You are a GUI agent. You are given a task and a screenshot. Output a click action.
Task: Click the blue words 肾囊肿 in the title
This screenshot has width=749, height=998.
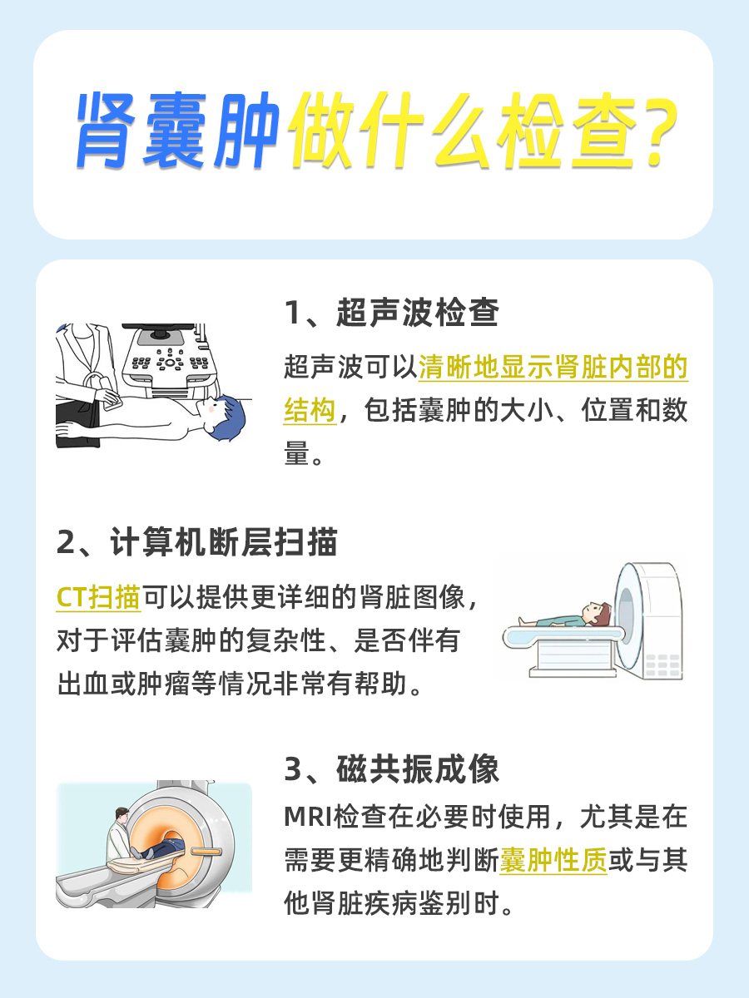click(176, 134)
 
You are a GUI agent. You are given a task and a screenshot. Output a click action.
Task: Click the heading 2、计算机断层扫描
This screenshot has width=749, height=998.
click(197, 542)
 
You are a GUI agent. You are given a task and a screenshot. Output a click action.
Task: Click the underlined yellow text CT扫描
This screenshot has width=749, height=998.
click(98, 596)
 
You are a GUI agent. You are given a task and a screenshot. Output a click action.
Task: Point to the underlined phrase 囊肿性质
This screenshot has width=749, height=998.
click(553, 861)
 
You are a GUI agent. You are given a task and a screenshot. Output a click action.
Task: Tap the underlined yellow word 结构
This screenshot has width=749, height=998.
click(310, 411)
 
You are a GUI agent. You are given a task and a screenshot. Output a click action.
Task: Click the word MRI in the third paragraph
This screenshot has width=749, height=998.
click(307, 817)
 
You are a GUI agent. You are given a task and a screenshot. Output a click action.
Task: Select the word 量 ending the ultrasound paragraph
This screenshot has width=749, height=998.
click(296, 455)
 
